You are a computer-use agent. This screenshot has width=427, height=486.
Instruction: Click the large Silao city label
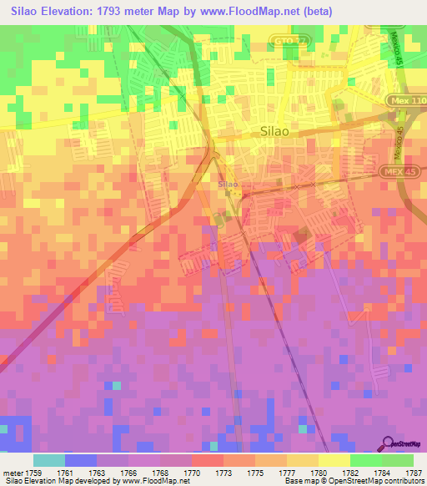pyautogui.click(x=276, y=131)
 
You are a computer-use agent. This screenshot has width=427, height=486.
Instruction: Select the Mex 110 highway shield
pyautogui.click(x=406, y=100)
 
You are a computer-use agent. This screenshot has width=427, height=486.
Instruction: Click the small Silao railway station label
pyautogui.click(x=228, y=184)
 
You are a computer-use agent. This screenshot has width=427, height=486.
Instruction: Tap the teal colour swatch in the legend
pyautogui.click(x=49, y=460)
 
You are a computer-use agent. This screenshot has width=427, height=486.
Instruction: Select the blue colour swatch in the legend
pyautogui.click(x=81, y=460)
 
